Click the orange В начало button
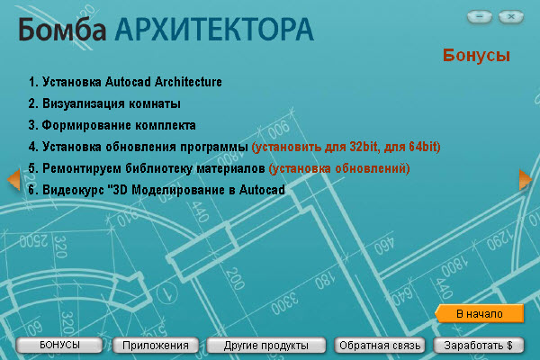click(479, 313)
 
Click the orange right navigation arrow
click(526, 180)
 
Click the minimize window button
click(481, 16)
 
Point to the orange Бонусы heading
click(476, 56)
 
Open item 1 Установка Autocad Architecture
click(126, 83)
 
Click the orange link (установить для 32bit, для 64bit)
click(346, 147)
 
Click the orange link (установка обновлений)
click(339, 168)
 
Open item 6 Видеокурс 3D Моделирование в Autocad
click(157, 190)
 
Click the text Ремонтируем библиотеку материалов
click(153, 168)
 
